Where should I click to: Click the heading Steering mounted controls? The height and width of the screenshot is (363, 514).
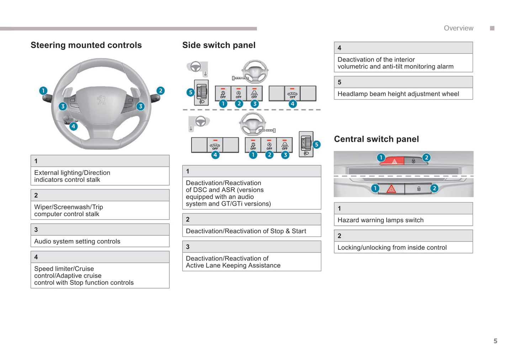click(86, 45)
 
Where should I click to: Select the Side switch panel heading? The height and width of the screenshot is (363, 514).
click(219, 45)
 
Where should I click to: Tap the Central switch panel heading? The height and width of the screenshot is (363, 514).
click(376, 139)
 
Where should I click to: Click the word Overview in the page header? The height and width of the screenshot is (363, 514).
click(459, 28)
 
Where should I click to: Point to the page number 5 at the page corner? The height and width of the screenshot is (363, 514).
click(495, 341)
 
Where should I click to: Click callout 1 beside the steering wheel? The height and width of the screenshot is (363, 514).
click(43, 90)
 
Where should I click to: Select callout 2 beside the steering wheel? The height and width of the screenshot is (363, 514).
click(160, 90)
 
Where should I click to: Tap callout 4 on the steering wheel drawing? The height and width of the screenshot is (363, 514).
click(73, 126)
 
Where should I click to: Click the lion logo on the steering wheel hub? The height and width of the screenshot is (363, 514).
click(101, 100)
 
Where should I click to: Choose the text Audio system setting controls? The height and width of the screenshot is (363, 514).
click(77, 242)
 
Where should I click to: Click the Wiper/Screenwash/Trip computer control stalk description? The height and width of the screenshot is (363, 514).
click(68, 211)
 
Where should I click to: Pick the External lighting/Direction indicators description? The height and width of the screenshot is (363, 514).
click(72, 176)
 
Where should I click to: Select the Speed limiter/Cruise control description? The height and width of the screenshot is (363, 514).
click(84, 276)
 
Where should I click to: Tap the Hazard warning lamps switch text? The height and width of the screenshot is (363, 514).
click(380, 220)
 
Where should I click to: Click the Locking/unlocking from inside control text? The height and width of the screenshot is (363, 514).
click(392, 248)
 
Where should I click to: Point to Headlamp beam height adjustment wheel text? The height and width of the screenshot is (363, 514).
click(398, 94)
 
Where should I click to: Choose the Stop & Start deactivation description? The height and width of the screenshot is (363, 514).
click(246, 231)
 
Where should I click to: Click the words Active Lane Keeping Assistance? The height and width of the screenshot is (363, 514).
click(233, 265)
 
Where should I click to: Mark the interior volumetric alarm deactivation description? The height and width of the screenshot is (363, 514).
click(395, 63)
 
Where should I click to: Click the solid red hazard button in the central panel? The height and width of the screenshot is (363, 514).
click(392, 161)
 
